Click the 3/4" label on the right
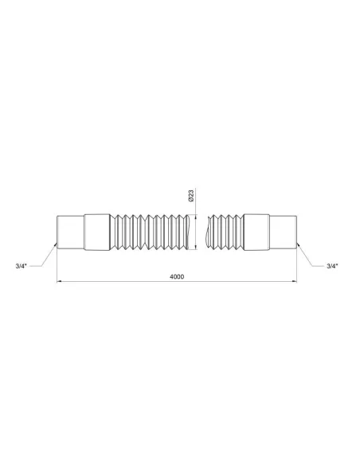click(333, 265)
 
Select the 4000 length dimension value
click(177, 277)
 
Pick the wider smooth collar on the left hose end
click(93, 232)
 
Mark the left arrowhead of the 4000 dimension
click(58, 283)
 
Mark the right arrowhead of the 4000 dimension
click(296, 283)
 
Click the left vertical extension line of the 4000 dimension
click(56, 267)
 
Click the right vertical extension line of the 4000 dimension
click(299, 267)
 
